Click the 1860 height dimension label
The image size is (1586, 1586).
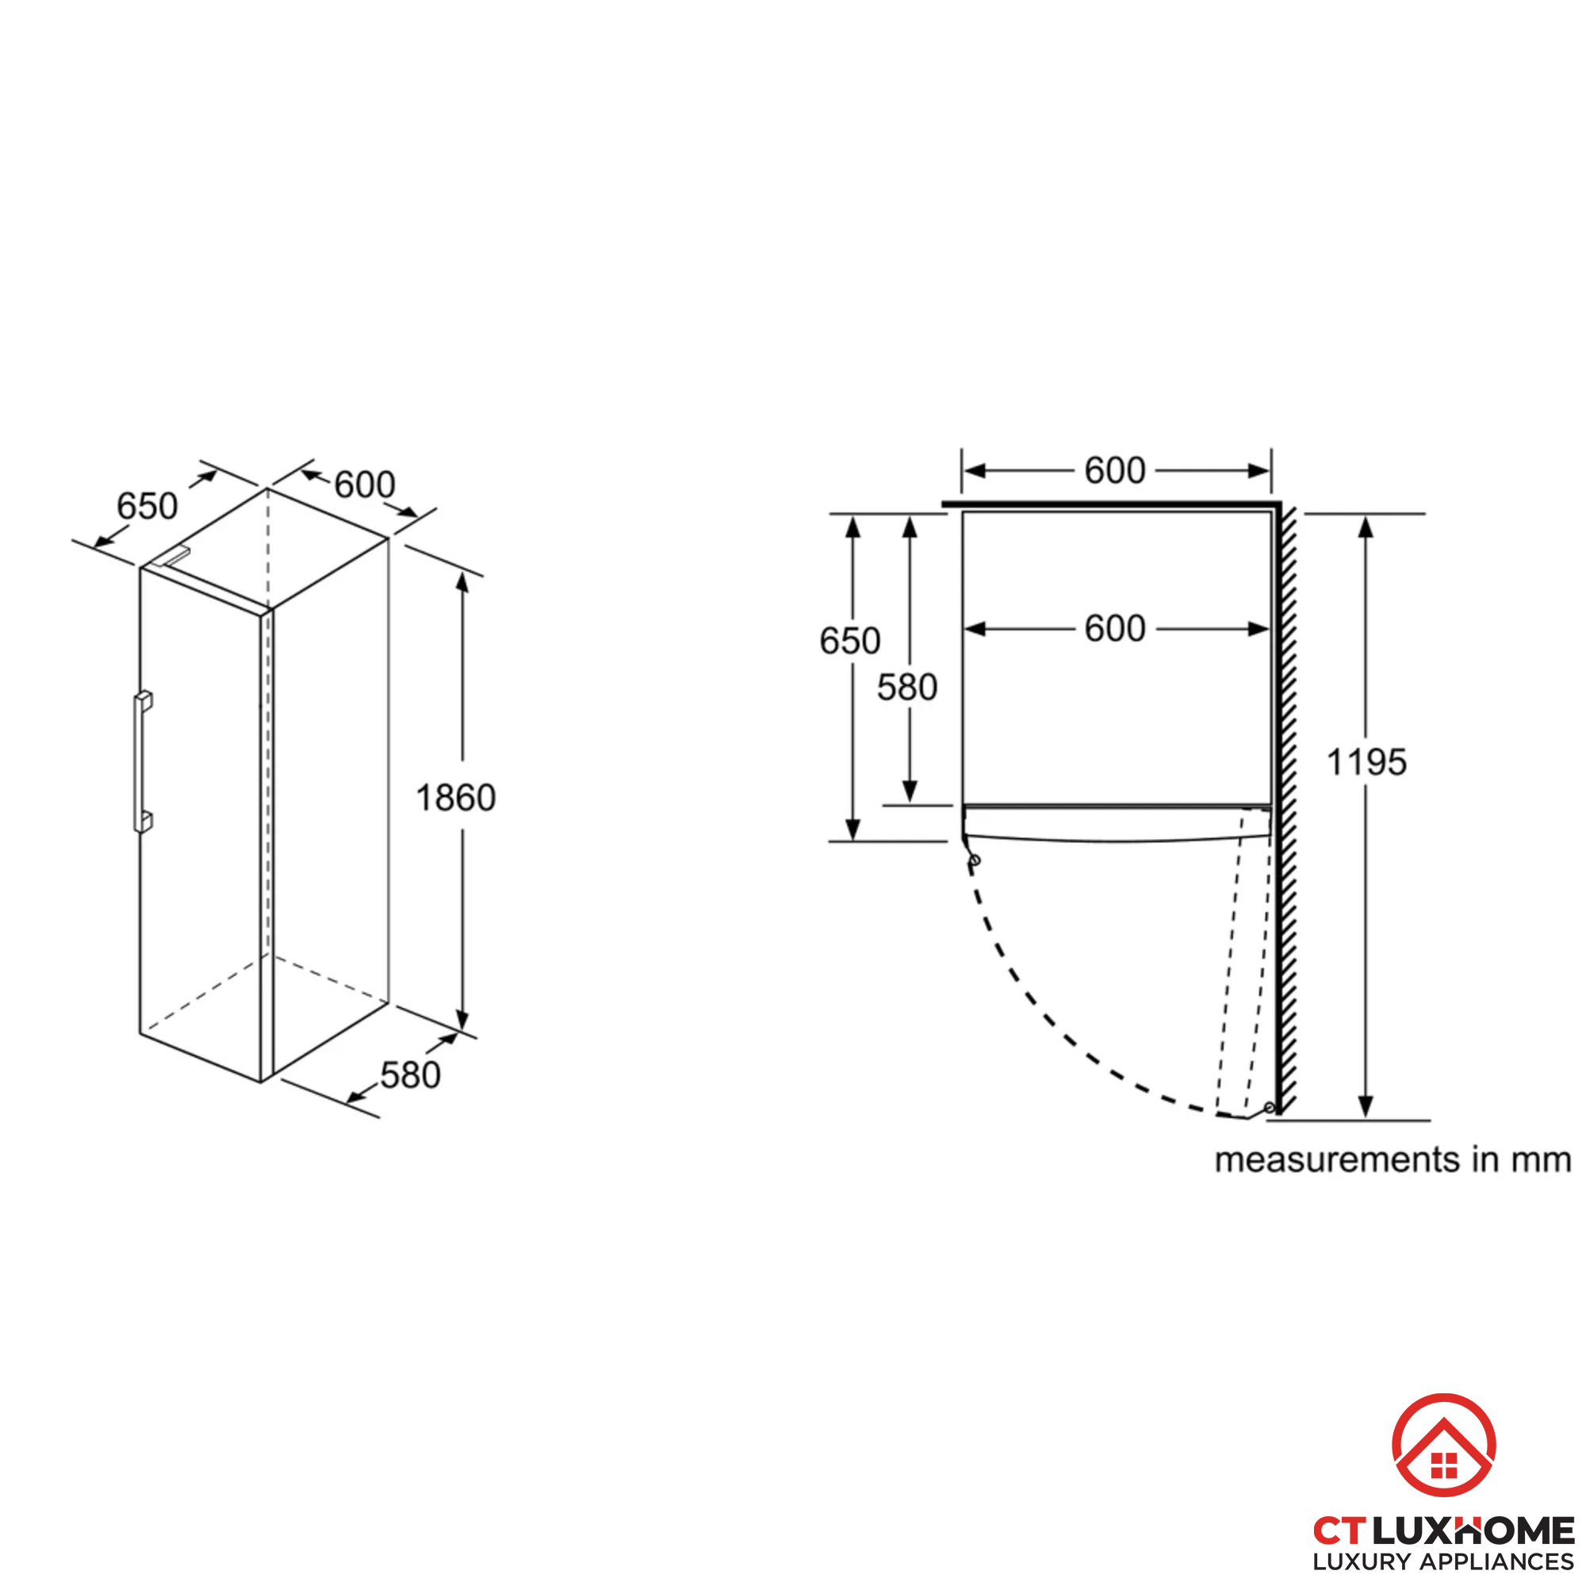[x=456, y=798]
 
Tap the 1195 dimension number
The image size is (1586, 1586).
[x=1366, y=763]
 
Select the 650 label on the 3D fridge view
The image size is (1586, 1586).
[x=147, y=506]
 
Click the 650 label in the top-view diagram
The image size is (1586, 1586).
[x=849, y=641]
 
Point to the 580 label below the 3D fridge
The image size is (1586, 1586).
[x=411, y=1075]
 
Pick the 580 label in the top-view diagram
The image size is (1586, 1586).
[x=907, y=688]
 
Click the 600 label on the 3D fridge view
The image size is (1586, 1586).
[x=365, y=485]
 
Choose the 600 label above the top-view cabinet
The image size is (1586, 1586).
[x=1115, y=470]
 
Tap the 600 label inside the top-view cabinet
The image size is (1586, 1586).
[x=1115, y=629]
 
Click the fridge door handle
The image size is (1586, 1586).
[x=143, y=762]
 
